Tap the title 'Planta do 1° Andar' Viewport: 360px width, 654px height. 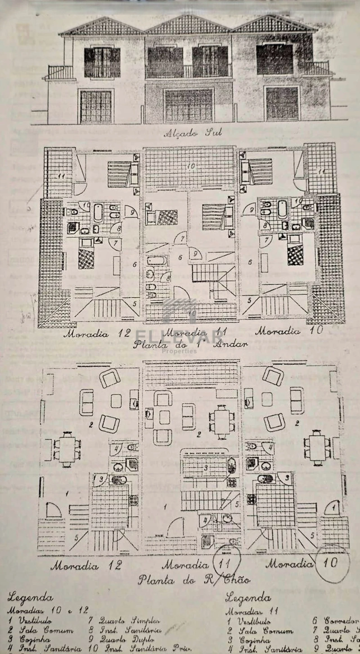(190, 344)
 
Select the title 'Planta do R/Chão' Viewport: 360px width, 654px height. (194, 580)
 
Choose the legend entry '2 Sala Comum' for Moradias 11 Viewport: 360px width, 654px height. (260, 631)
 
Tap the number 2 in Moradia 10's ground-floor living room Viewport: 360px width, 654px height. (297, 423)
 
